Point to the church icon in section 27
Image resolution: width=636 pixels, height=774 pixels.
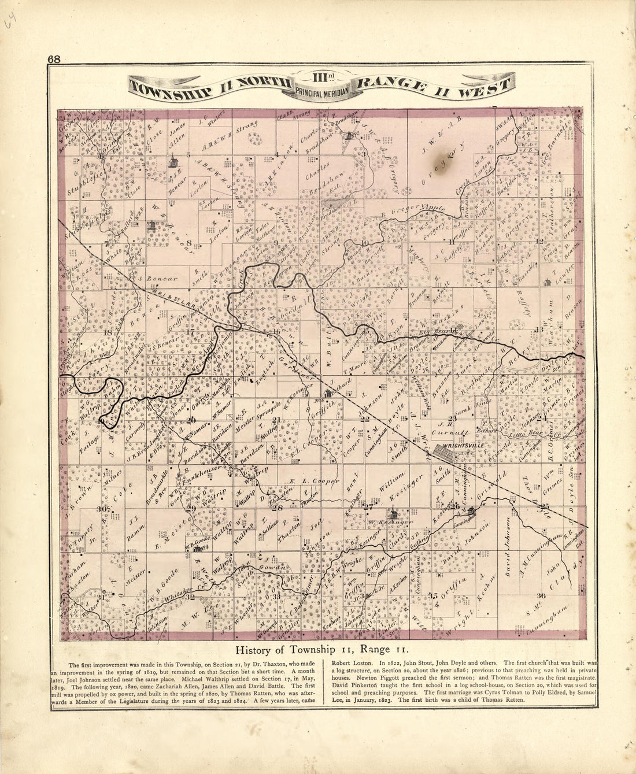click(x=393, y=513)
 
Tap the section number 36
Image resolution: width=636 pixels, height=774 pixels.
click(x=541, y=595)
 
